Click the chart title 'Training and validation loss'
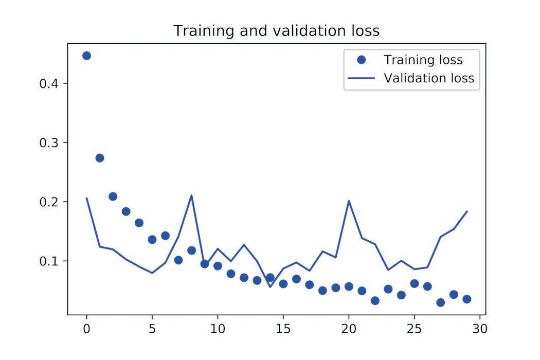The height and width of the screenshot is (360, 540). (276, 31)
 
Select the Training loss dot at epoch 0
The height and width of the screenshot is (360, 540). (86, 56)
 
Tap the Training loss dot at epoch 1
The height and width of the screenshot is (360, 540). (100, 158)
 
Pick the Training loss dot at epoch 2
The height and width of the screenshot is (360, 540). (113, 196)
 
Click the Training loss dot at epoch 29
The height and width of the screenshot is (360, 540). (467, 299)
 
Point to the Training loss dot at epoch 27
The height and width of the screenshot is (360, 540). (440, 302)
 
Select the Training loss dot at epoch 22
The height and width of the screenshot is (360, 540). (375, 300)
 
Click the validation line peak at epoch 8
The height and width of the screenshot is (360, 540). (192, 195)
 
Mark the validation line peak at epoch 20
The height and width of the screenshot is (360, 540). (349, 201)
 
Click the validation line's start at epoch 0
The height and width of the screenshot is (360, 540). (86, 198)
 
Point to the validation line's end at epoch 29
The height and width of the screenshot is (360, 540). (467, 211)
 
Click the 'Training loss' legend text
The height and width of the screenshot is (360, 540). (423, 60)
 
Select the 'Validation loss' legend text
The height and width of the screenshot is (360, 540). (429, 79)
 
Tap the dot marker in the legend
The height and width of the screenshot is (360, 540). (361, 60)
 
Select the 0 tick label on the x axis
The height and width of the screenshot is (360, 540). (86, 327)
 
